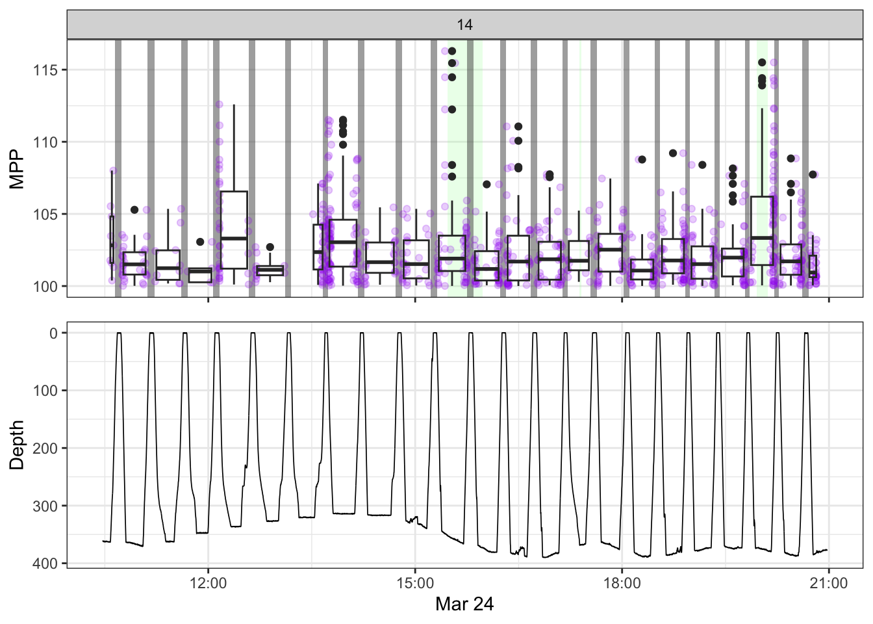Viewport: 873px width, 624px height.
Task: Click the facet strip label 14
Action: (x=464, y=25)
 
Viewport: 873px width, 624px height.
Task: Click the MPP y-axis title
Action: (x=18, y=169)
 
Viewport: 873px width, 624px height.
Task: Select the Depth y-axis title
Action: (x=18, y=445)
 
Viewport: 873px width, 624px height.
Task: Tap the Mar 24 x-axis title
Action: (x=464, y=604)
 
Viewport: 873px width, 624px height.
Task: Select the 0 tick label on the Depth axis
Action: (x=53, y=333)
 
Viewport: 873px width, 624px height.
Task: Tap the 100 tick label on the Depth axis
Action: (x=45, y=391)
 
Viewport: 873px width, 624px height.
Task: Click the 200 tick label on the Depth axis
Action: (x=45, y=448)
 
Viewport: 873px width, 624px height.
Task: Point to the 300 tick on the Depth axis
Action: (x=45, y=506)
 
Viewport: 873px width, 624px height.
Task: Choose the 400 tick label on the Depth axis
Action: (x=45, y=564)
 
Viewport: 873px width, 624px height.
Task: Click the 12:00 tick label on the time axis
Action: (x=208, y=583)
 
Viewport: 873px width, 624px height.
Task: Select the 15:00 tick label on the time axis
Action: (x=415, y=583)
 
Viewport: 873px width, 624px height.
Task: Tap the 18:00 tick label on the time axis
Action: (x=622, y=583)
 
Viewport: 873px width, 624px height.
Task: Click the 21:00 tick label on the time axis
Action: (x=829, y=583)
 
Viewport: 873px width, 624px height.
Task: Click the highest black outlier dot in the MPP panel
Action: (x=452, y=51)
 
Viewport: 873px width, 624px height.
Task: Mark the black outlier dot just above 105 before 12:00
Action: (x=134, y=210)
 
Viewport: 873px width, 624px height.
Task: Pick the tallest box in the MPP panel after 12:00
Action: (x=234, y=229)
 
